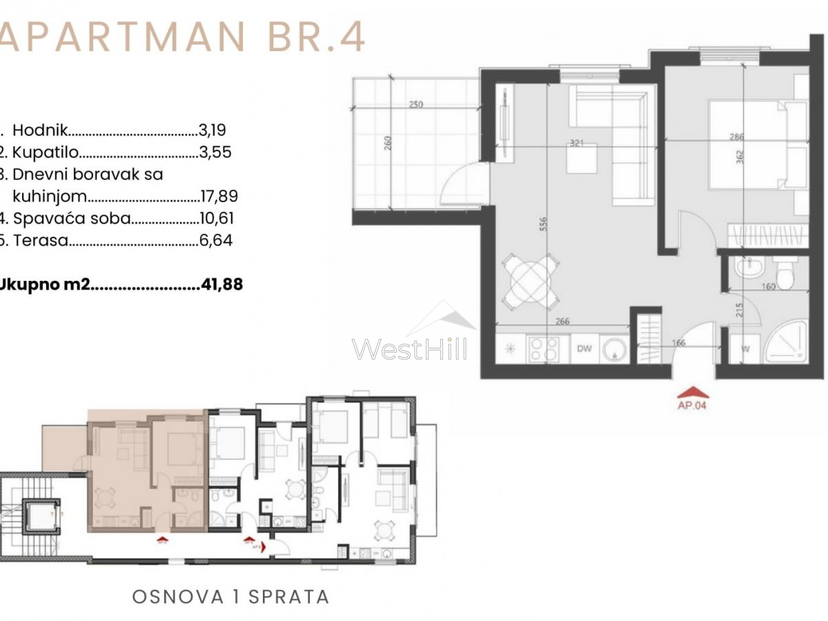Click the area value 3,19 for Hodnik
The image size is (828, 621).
click(213, 129)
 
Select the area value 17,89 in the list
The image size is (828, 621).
click(218, 197)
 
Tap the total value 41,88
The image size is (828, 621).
click(221, 284)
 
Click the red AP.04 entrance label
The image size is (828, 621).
click(691, 405)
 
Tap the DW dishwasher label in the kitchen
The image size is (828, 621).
click(584, 348)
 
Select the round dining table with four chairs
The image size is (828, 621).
click(529, 282)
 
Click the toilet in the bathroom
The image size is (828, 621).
click(785, 274)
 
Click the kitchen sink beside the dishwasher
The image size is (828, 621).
click(613, 349)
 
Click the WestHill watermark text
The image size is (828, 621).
click(409, 348)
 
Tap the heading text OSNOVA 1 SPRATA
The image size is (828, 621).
click(230, 596)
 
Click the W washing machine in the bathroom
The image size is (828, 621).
click(745, 348)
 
